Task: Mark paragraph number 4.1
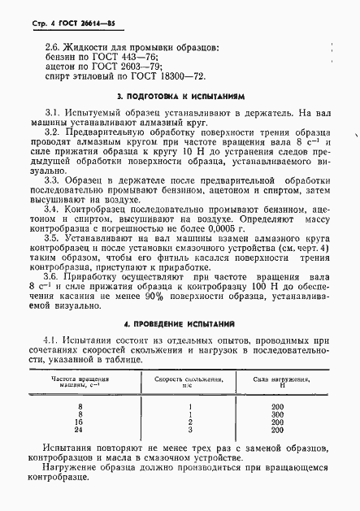(x=51, y=340)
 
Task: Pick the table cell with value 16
(x=80, y=422)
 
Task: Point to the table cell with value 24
(x=80, y=430)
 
